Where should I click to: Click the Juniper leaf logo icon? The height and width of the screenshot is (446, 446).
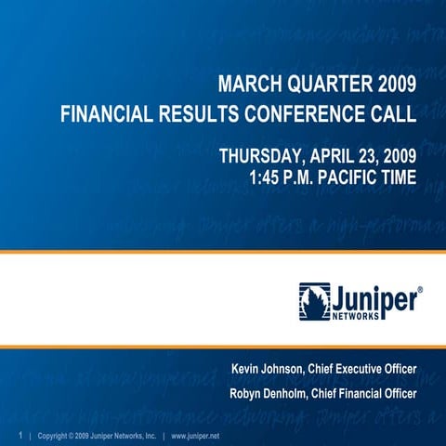(x=314, y=300)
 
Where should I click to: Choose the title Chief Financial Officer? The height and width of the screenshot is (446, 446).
(x=369, y=395)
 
